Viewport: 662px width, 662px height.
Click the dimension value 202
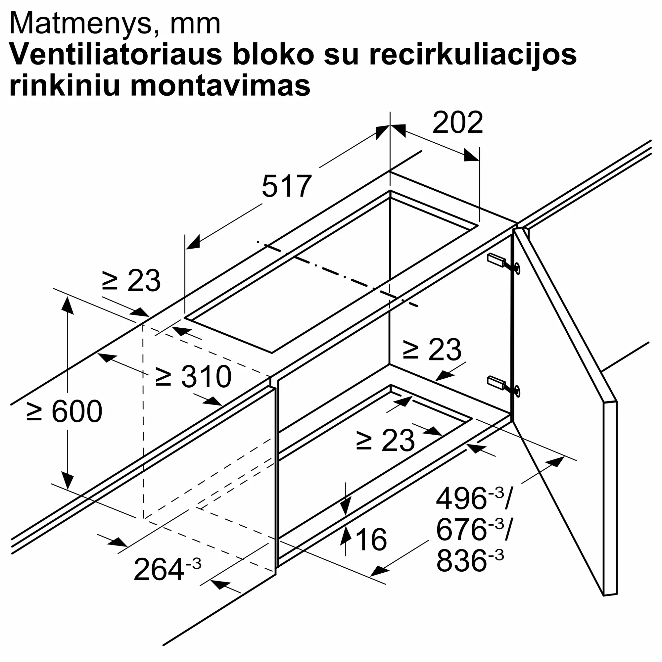[458, 122]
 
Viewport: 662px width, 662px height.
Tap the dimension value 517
[286, 186]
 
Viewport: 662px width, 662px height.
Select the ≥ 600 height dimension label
[64, 411]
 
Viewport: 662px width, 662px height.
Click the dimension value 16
[371, 540]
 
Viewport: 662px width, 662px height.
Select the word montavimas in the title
[220, 86]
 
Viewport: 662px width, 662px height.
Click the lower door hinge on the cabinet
[504, 386]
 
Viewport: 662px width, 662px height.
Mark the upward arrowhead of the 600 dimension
[68, 305]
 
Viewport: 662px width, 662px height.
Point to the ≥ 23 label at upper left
[131, 281]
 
